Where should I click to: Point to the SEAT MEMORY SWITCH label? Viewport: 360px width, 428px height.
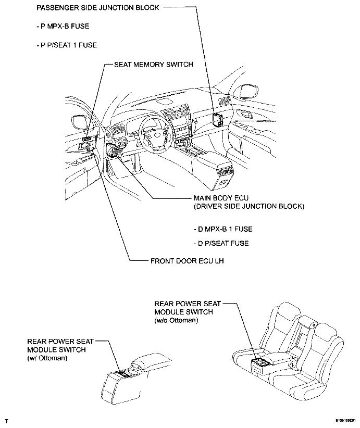[x=154, y=65]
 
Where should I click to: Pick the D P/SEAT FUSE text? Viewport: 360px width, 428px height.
[x=221, y=243]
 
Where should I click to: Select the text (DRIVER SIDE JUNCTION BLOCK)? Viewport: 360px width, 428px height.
[x=249, y=207]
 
